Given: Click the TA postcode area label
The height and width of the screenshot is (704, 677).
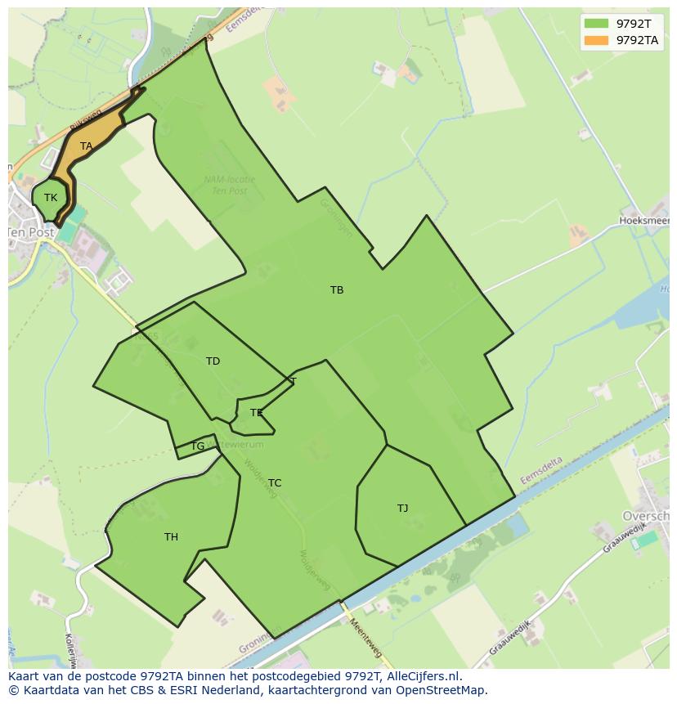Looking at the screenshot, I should pos(86,146).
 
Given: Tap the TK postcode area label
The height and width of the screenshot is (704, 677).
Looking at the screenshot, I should pos(51,198).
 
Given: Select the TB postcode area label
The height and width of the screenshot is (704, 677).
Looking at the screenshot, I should pos(337,290).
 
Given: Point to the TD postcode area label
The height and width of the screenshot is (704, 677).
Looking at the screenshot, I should pos(213,361).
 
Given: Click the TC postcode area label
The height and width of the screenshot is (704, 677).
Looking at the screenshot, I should pos(275,483).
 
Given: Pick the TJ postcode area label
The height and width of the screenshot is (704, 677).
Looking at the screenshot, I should pos(402,509).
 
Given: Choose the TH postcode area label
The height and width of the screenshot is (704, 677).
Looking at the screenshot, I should pos(171,537).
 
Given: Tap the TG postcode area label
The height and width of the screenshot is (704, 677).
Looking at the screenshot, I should pos(197,446).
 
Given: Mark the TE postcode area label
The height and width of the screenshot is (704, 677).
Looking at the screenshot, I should pos(257,413).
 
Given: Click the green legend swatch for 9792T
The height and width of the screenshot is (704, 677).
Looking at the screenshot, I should pos(597,24).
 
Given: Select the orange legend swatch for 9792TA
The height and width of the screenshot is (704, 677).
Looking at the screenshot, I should pos(597,40).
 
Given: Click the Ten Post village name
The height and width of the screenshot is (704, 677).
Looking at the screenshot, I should pos(31,232).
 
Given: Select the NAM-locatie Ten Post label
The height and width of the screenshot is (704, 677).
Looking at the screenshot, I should pos(228,186).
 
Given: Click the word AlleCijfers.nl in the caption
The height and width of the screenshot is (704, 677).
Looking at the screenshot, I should pos(424,676).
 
